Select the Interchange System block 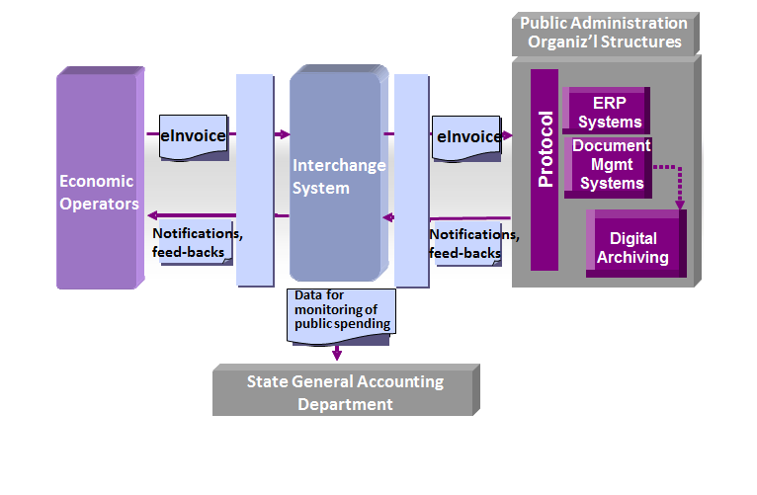pos(336,176)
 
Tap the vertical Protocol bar pos(545,169)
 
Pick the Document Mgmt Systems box pos(611,164)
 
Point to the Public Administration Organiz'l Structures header pos(603,33)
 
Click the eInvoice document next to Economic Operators pos(194,136)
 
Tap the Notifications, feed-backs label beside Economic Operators pos(196,243)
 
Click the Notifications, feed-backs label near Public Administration pos(472,243)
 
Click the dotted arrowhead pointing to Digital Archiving pos(679,205)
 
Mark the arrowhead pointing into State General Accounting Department pos(337,354)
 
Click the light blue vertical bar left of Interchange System pos(254,180)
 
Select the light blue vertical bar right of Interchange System pos(410,180)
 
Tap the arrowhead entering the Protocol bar pos(508,134)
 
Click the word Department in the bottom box pos(345,404)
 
